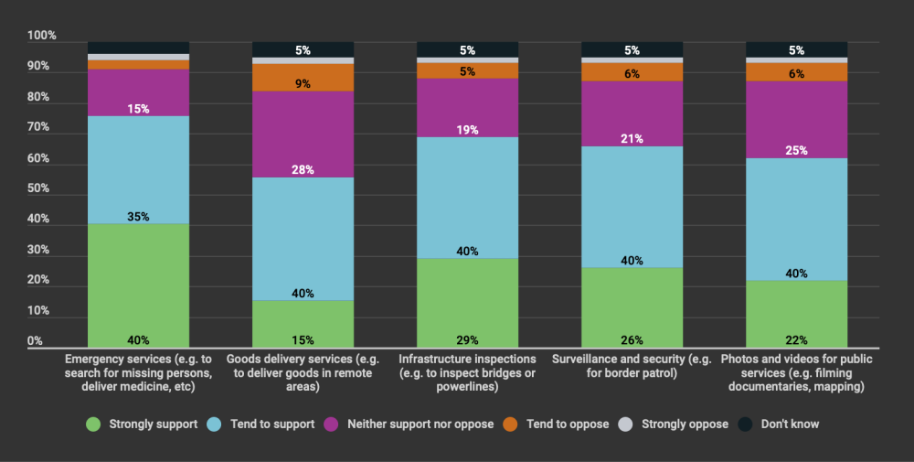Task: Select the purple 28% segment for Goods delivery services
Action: (x=303, y=134)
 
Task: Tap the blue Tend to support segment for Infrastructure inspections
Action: (x=467, y=197)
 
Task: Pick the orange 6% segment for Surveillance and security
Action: (x=632, y=71)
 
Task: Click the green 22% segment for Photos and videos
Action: (x=796, y=314)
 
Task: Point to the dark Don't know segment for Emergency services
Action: (x=138, y=48)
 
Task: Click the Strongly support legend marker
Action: (x=92, y=424)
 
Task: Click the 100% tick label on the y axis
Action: (x=42, y=36)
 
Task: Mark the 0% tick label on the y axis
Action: (x=36, y=341)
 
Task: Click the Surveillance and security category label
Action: (x=632, y=367)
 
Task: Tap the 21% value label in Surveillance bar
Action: (x=632, y=139)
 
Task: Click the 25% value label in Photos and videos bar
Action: (x=796, y=150)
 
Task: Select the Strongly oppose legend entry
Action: (x=676, y=424)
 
